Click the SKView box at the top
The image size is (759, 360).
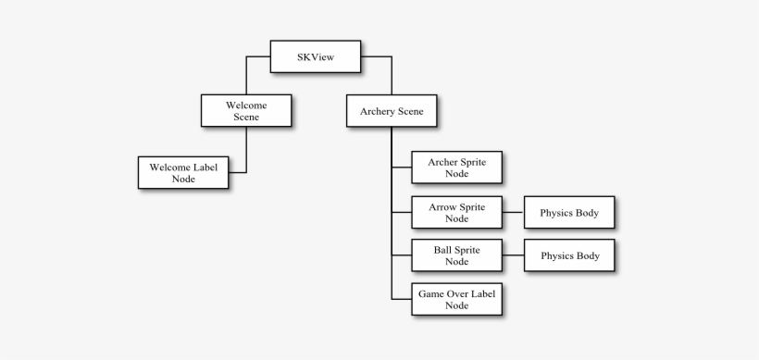[x=315, y=57]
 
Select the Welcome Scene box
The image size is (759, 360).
[x=246, y=111]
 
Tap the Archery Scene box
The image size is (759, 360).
[x=392, y=111]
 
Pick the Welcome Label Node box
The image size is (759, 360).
[x=183, y=172]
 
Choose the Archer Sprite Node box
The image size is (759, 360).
[x=456, y=168]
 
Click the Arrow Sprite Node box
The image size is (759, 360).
[x=456, y=212]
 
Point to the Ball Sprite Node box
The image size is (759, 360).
[x=456, y=255]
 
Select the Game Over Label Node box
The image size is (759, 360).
[x=456, y=299]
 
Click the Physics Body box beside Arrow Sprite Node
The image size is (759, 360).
[x=569, y=213]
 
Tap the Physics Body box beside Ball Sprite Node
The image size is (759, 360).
[x=569, y=255]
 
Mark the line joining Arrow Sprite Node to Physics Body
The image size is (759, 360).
[x=513, y=213]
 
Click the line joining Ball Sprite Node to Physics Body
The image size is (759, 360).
[x=513, y=255]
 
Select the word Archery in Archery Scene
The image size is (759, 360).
[x=376, y=111]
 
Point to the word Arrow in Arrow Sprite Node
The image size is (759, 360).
[x=442, y=205]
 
